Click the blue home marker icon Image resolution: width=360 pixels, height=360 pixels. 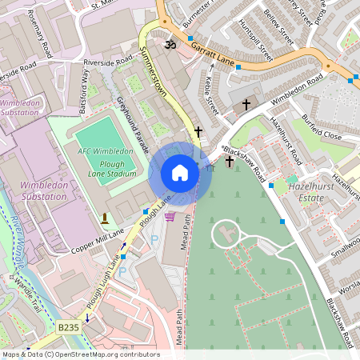click(180, 173)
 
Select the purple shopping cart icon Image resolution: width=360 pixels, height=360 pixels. click(169, 216)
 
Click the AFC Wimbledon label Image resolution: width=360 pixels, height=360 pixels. click(106, 151)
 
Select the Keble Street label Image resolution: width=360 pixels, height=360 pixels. click(210, 94)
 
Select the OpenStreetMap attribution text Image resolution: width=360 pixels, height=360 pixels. click(80, 354)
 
